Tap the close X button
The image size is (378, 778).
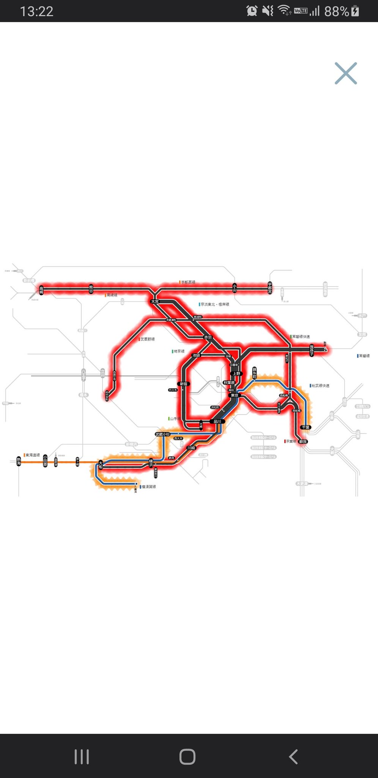pos(346,73)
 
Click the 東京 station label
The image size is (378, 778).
pos(235,395)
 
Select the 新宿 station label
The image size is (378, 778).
pos(184,384)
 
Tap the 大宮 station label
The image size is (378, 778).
pos(155,302)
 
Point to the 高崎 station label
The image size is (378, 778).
pos(41,291)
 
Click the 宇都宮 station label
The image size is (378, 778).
pos(270,288)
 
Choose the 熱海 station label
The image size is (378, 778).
pos(19,461)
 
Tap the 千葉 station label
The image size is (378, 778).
pos(306,427)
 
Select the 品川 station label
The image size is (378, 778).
pos(217,421)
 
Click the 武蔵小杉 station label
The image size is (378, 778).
pos(162,434)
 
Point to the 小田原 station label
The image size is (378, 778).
pos(45,460)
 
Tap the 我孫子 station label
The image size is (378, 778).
pos(312,350)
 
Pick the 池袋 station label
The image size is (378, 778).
pos(196,356)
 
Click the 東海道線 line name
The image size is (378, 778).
pos(33,455)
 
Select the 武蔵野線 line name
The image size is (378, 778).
pos(148,339)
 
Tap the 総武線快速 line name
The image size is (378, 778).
pos(320,386)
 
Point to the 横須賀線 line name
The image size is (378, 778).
pos(148,487)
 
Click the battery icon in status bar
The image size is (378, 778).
pos(355,11)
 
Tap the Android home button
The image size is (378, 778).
pos(187,757)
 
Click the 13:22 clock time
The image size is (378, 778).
pos(36,11)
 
